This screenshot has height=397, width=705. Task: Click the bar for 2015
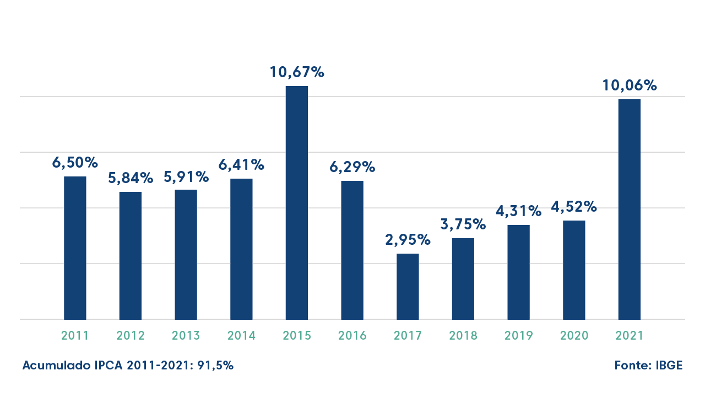point(296,202)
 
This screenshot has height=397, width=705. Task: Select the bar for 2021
point(629,209)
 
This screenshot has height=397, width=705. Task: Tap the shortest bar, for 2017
point(408,286)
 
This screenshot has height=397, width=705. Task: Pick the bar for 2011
point(75,248)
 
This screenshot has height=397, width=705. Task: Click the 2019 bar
point(518,272)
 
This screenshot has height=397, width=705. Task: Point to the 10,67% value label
point(296,72)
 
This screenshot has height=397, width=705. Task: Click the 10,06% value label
point(629,86)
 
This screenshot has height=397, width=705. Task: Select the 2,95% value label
point(408,240)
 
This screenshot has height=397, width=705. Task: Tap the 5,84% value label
point(131,178)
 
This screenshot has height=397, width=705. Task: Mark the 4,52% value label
point(574,207)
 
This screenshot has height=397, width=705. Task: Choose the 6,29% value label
point(352,167)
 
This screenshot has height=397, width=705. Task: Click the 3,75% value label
point(463,224)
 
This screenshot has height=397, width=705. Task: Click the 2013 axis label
point(186,336)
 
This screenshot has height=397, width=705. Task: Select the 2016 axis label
point(352,336)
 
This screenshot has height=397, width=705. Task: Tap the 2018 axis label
point(463,336)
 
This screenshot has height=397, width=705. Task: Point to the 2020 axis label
point(574,336)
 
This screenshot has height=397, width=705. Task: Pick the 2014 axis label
point(241,336)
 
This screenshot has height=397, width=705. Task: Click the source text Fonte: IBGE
point(648,366)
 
